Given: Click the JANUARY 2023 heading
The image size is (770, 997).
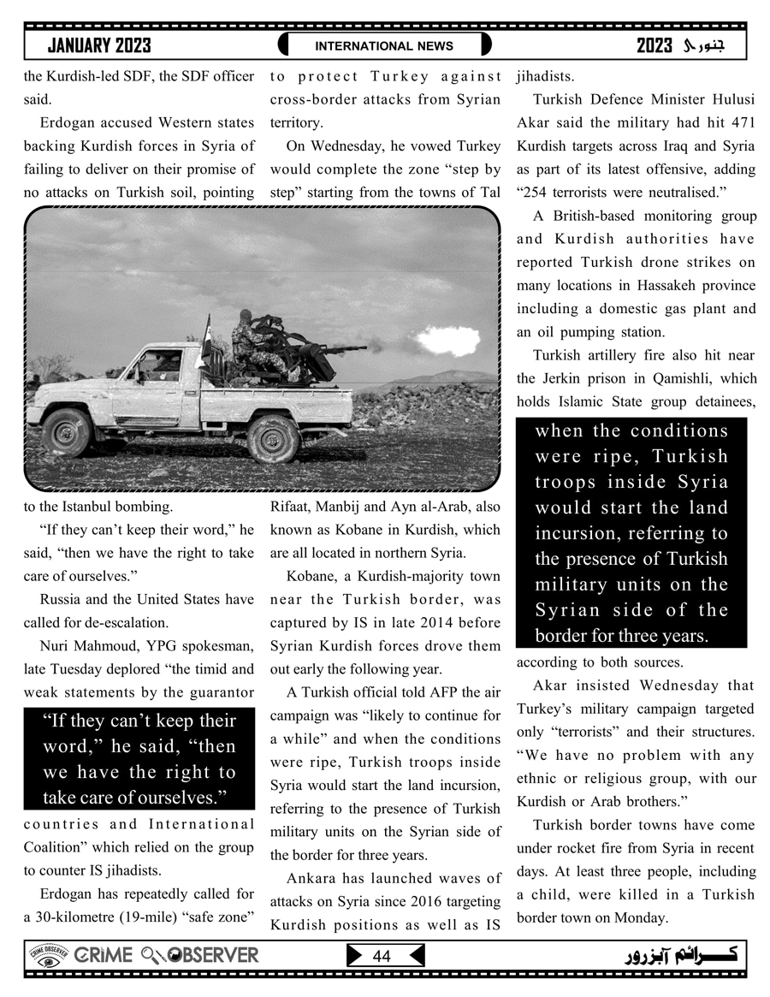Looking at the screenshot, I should click(99, 45).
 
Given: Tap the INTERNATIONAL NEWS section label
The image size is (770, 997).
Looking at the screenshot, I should click(384, 46).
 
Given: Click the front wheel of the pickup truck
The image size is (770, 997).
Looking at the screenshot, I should click(66, 431).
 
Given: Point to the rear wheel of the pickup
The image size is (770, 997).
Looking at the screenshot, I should click(273, 437).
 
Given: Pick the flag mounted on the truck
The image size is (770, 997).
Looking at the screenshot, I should click(205, 335).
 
